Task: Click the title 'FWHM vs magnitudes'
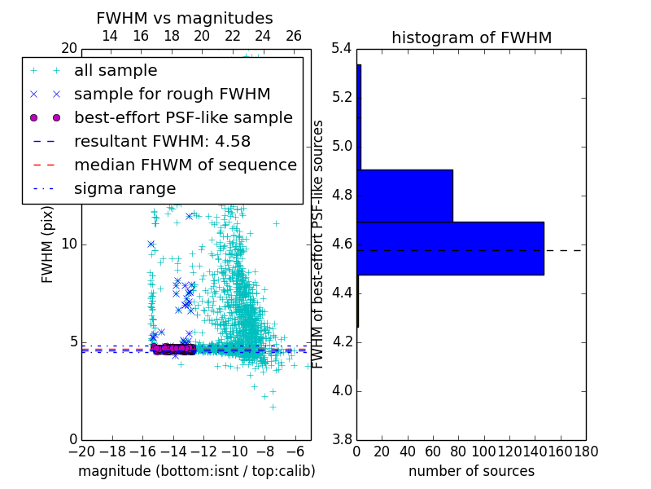(x=185, y=18)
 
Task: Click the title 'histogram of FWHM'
(x=471, y=37)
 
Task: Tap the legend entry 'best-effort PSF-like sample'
(x=183, y=117)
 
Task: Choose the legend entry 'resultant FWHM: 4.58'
(x=162, y=141)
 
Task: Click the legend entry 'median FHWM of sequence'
(x=185, y=165)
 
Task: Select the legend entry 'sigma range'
(x=125, y=188)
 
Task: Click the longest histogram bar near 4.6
(x=450, y=249)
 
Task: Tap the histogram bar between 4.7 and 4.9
(x=404, y=196)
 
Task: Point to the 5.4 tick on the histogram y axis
(x=342, y=49)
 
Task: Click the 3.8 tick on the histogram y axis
(x=342, y=439)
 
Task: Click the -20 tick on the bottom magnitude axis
(x=81, y=452)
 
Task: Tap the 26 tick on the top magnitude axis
(x=294, y=36)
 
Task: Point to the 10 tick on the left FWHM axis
(x=69, y=244)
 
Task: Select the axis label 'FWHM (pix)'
(x=48, y=244)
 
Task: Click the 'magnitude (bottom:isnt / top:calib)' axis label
(x=196, y=471)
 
